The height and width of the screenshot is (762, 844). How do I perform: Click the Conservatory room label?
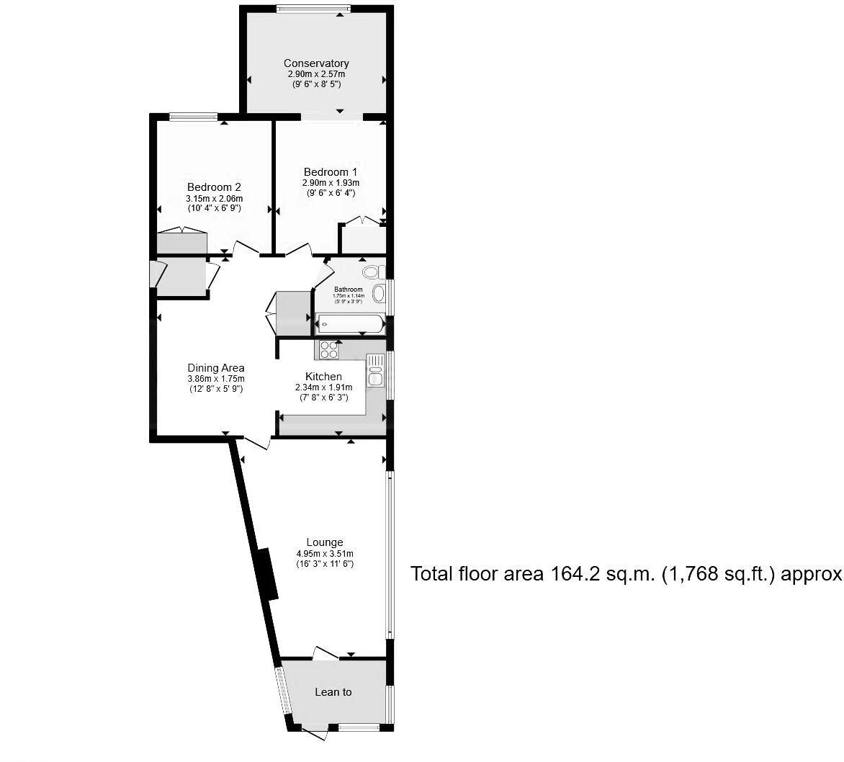coord(316,63)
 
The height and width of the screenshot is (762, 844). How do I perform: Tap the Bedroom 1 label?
coord(330,171)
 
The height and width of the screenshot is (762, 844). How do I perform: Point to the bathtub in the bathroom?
coord(349,323)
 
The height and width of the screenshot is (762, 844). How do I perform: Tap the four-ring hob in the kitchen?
coord(329,349)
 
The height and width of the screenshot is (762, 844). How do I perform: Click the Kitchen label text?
coord(323,377)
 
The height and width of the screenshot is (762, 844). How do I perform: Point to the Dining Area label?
coord(216,368)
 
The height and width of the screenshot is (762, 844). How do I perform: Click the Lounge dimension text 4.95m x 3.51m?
coord(324,554)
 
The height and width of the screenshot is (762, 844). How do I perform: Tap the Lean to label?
coord(333,692)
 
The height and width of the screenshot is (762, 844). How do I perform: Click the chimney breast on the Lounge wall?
coord(267,573)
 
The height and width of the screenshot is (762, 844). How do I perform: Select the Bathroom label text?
coord(348,290)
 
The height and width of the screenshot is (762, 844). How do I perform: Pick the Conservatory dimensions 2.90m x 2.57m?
coord(316,74)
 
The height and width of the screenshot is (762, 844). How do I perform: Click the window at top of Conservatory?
coord(313,9)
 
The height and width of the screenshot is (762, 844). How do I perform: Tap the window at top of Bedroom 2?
coord(193,117)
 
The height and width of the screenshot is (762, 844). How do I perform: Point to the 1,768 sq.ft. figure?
coord(692,574)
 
